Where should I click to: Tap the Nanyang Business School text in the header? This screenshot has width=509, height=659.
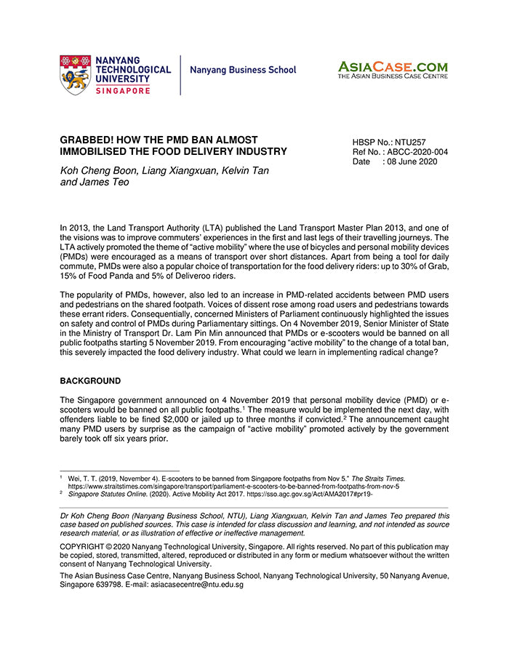point(243,71)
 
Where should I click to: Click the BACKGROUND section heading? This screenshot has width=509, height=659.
point(90,381)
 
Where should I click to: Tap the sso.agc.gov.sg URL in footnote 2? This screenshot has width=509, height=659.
point(286,494)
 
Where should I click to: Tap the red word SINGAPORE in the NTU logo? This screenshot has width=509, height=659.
point(124,91)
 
